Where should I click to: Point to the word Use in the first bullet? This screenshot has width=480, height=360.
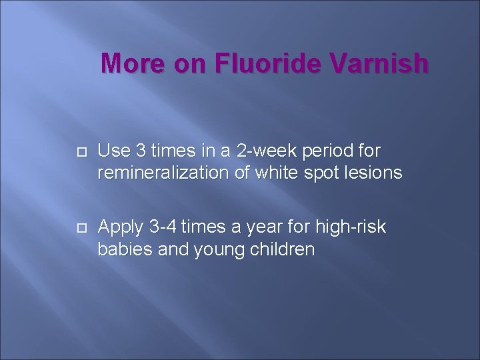tap(112, 151)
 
